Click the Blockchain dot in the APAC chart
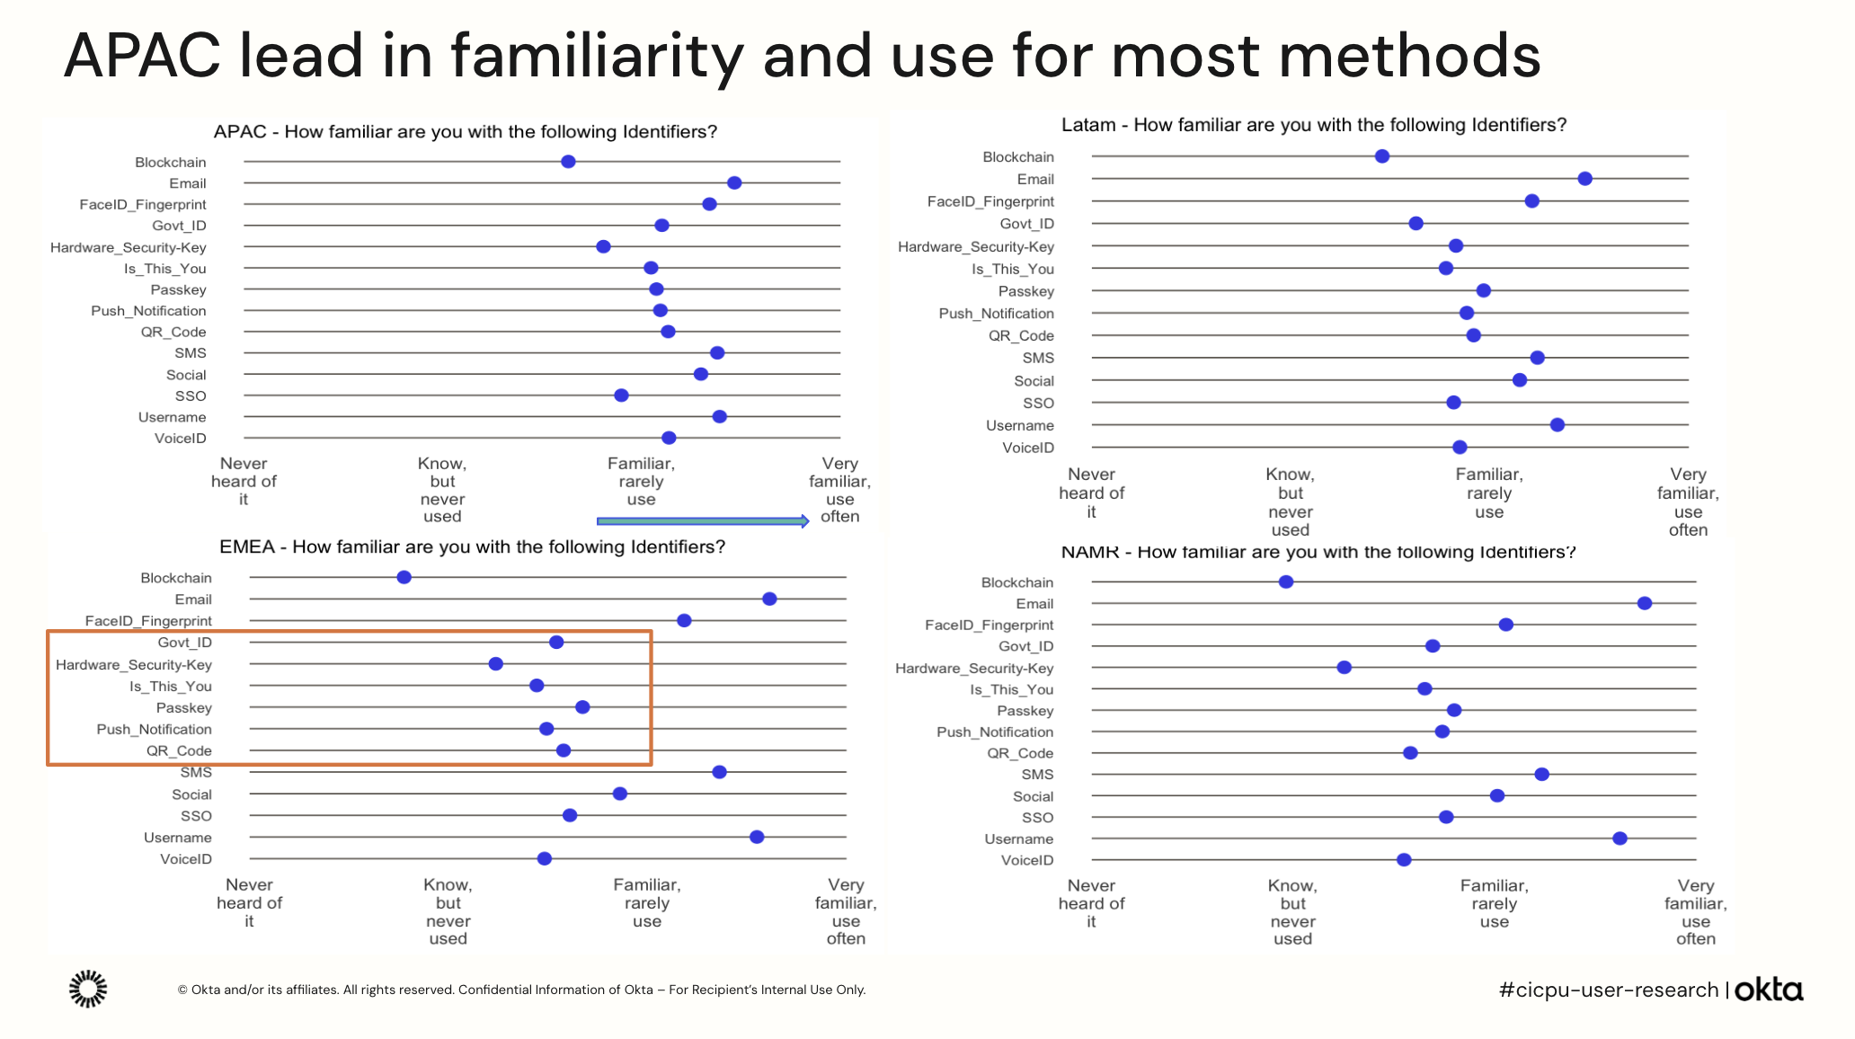pyautogui.click(x=568, y=162)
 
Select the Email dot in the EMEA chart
pyautogui.click(x=769, y=599)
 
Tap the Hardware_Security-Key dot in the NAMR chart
pyautogui.click(x=1344, y=667)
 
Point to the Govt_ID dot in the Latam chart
pyautogui.click(x=1416, y=223)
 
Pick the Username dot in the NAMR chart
pyautogui.click(x=1620, y=839)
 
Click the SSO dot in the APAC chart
pyautogui.click(x=621, y=395)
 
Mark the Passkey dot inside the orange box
pyautogui.click(x=582, y=707)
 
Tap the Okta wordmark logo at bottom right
pyautogui.click(x=1768, y=990)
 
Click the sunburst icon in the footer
pyautogui.click(x=88, y=989)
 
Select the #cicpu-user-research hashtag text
pyautogui.click(x=1608, y=990)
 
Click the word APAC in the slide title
pyautogui.click(x=142, y=56)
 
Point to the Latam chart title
pyautogui.click(x=1313, y=125)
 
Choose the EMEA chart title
pyautogui.click(x=472, y=546)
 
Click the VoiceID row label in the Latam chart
pyautogui.click(x=1027, y=448)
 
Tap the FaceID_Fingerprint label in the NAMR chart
pyautogui.click(x=989, y=625)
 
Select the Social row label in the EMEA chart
pyautogui.click(x=191, y=795)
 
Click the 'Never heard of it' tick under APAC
pyautogui.click(x=244, y=481)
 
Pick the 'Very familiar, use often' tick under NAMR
pyautogui.click(x=1695, y=911)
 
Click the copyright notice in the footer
pyautogui.click(x=521, y=990)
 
